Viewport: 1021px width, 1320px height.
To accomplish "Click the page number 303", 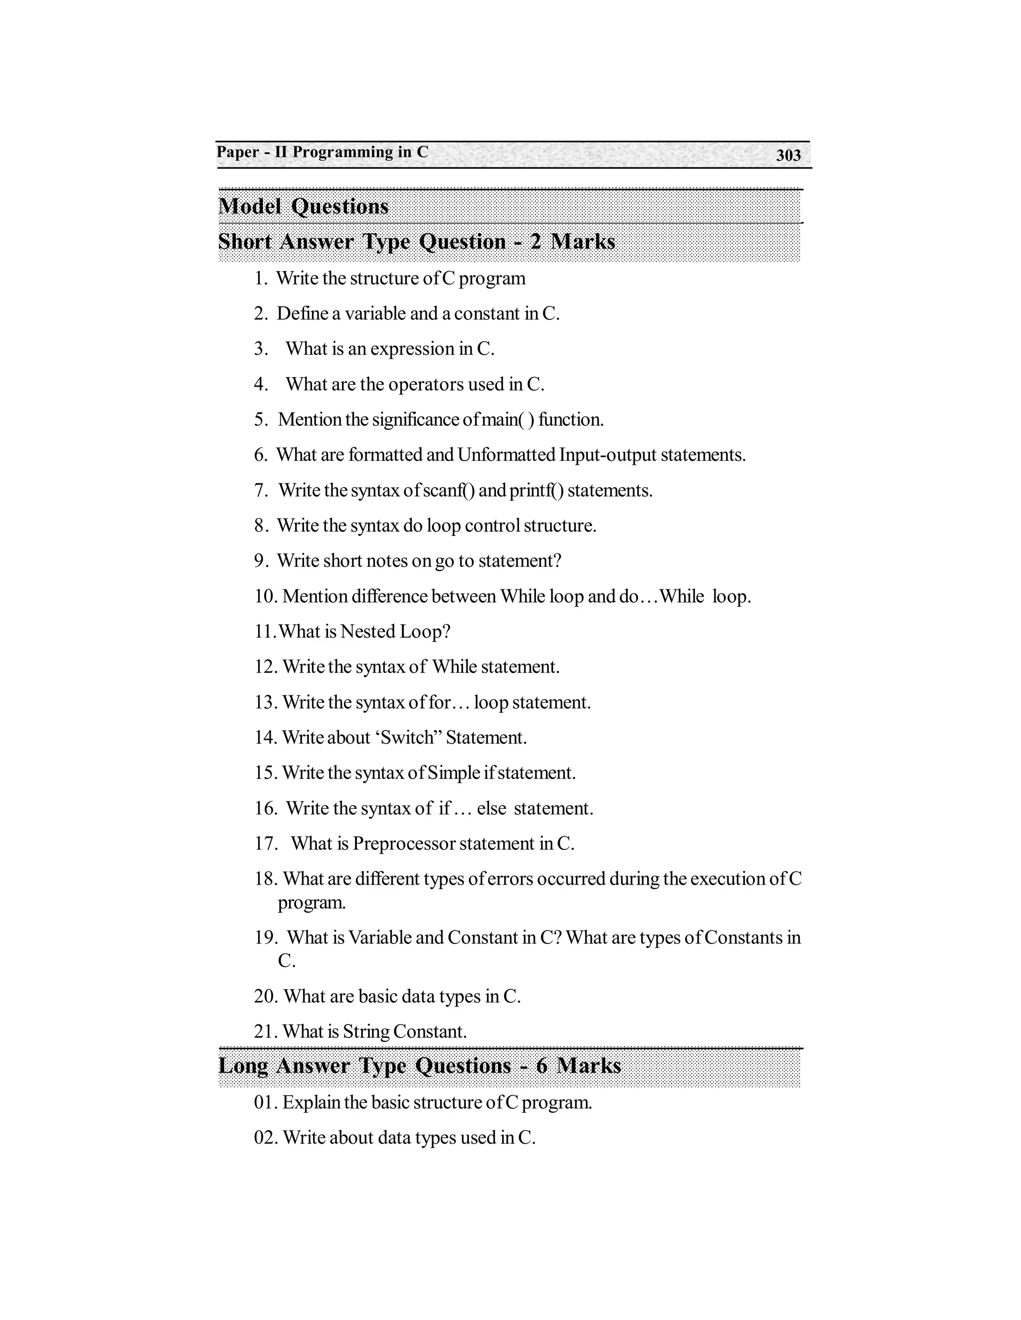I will (x=788, y=155).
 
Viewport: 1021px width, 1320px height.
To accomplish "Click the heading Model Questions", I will (x=303, y=207).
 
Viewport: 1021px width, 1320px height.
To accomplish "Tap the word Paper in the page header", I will (x=238, y=152).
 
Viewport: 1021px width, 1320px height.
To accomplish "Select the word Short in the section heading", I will (x=244, y=242).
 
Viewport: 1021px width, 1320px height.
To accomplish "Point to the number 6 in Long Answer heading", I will (x=541, y=1065).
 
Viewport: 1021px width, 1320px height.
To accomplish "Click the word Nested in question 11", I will (x=367, y=632).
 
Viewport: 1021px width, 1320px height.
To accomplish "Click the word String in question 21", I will (x=366, y=1031).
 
